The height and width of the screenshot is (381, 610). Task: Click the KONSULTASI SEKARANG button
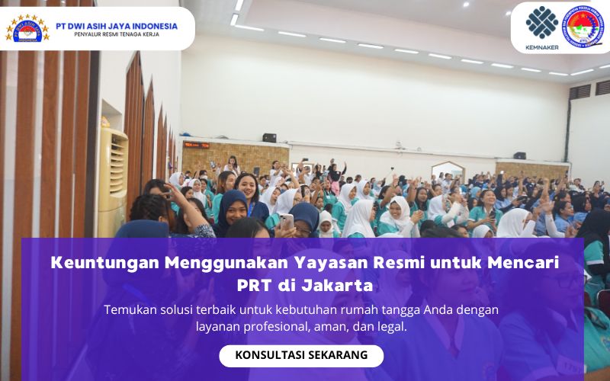click(301, 355)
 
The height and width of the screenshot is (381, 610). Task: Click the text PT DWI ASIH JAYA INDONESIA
click(117, 25)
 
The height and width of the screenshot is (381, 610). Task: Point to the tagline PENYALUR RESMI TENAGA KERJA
click(117, 35)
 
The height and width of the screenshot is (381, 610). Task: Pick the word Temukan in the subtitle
click(130, 310)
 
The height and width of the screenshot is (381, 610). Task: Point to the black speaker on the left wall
click(269, 138)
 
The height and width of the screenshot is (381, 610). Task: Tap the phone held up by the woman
click(287, 221)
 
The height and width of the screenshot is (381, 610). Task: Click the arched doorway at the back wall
click(448, 171)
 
